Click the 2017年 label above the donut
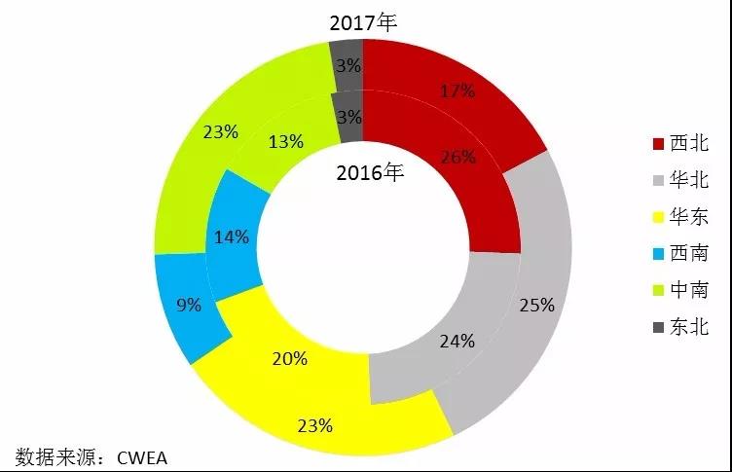(364, 21)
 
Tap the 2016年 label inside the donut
(369, 174)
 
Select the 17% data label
(457, 91)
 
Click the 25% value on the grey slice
(535, 305)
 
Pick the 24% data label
(457, 341)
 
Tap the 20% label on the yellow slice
(289, 358)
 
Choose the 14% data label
(232, 236)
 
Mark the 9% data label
(189, 305)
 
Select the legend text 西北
(688, 144)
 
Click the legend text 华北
(688, 181)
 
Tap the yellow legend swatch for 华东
(657, 217)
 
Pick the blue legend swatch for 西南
(657, 254)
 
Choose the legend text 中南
(688, 290)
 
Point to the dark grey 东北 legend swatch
(657, 327)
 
